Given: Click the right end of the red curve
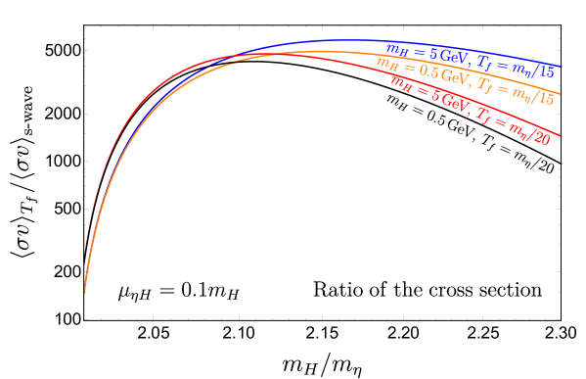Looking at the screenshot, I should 563,136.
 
